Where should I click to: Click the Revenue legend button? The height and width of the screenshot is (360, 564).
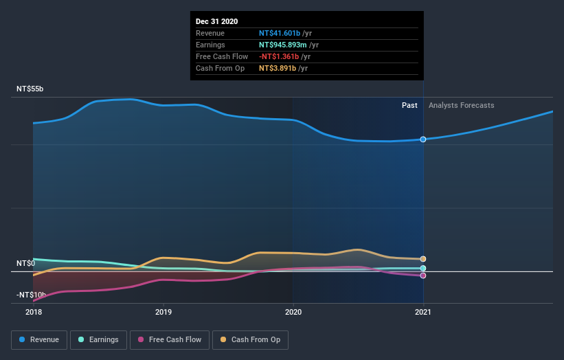point(40,339)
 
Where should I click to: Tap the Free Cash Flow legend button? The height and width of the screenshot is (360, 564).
point(169,339)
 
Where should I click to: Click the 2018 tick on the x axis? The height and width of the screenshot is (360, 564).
point(33,312)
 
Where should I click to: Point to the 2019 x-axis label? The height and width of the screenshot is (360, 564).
point(163,312)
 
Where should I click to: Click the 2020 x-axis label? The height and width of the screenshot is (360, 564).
point(293,312)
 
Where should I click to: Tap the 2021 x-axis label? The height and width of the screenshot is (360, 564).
point(423,312)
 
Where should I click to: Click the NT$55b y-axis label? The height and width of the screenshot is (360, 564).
point(30,89)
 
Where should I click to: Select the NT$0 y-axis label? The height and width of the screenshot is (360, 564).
point(26,263)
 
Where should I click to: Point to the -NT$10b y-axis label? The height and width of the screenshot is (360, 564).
point(30,295)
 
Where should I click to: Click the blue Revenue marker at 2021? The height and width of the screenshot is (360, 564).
point(423,139)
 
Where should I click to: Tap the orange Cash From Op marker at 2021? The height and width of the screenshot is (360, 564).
point(423,259)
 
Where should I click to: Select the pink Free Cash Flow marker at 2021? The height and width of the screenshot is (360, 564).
point(423,275)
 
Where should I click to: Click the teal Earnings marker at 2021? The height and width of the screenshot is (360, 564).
point(423,268)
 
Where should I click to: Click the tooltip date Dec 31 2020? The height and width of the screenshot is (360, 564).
point(216,21)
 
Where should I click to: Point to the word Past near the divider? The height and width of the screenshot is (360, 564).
point(409,105)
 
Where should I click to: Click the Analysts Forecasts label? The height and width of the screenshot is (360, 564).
point(461,105)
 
